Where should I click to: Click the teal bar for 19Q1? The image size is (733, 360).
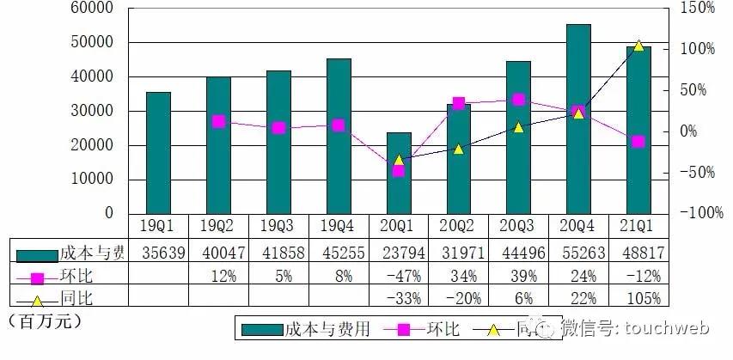(x=158, y=153)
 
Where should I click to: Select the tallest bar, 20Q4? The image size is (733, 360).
(x=578, y=119)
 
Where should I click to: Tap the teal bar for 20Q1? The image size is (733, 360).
(x=398, y=173)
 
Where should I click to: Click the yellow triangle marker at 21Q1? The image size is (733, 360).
(x=638, y=45)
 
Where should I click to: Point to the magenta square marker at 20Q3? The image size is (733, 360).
(x=518, y=100)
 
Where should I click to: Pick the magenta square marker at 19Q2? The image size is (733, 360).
(x=218, y=122)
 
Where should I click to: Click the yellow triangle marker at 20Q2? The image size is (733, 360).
(x=458, y=149)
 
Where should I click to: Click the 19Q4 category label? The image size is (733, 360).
(x=338, y=225)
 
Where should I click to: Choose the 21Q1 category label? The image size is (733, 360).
(x=638, y=225)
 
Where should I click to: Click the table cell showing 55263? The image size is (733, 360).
(x=578, y=253)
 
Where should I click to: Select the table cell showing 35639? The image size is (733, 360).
(x=158, y=253)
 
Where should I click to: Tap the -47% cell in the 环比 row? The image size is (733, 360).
(x=398, y=276)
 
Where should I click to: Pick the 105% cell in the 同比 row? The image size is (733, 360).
(x=638, y=298)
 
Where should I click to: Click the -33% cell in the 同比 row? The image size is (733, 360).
(x=398, y=298)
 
